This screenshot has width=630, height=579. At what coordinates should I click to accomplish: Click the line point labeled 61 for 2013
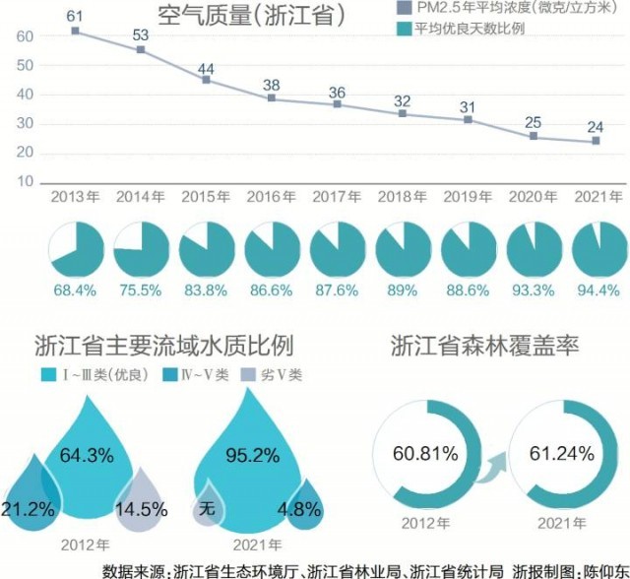[75, 31]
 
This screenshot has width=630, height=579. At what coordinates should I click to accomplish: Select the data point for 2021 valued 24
[596, 141]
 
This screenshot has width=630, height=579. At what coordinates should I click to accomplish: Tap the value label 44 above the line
[206, 69]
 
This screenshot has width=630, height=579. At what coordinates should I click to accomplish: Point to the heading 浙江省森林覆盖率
[484, 347]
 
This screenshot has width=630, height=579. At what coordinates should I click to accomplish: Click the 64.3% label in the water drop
[87, 456]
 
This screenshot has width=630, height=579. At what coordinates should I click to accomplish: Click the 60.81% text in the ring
[425, 454]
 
